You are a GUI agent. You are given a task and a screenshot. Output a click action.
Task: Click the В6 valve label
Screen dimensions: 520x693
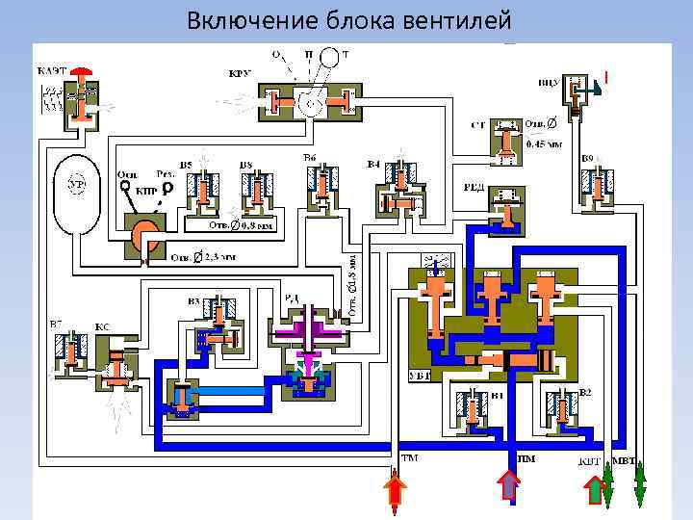(310, 158)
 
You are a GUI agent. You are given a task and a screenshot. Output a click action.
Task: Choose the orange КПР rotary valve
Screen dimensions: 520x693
(143, 232)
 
